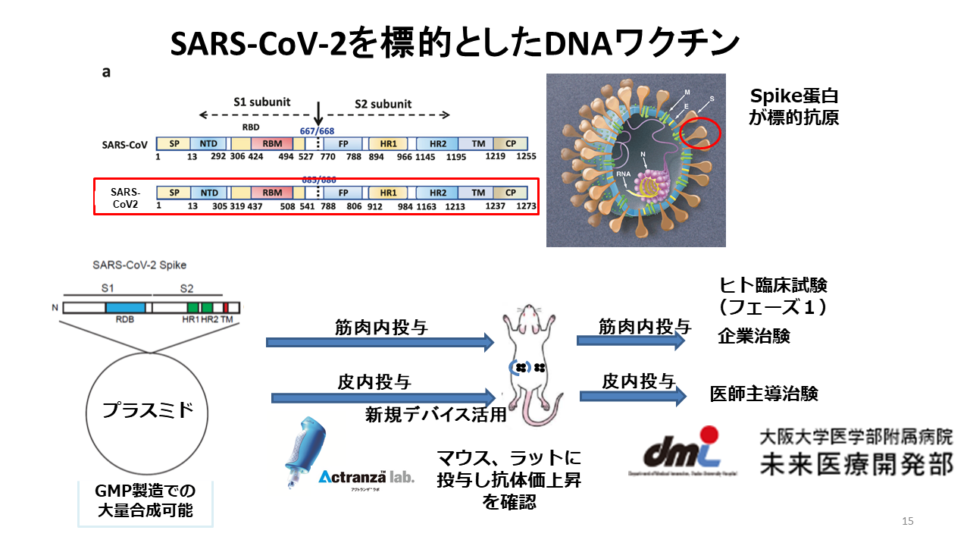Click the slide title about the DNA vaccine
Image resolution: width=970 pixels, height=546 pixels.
click(x=455, y=44)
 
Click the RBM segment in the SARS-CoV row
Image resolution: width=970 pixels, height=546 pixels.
click(x=272, y=143)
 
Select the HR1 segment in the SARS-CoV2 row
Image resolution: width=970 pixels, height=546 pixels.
click(x=388, y=193)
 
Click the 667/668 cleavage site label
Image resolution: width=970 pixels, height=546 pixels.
click(x=318, y=130)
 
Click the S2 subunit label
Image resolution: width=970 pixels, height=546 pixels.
click(x=383, y=103)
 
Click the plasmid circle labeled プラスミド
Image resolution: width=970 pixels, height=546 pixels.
click(x=148, y=410)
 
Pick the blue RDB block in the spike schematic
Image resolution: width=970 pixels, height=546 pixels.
click(x=125, y=308)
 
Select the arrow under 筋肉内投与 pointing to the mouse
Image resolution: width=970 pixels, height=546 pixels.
click(x=380, y=343)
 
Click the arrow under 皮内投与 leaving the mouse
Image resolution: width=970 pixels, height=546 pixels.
click(x=634, y=396)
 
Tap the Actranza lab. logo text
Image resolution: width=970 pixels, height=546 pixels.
click(x=366, y=478)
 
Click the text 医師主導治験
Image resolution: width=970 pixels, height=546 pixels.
click(x=764, y=394)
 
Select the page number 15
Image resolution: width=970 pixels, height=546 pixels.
click(x=908, y=521)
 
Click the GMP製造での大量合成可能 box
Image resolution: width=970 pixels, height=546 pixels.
click(x=145, y=502)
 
